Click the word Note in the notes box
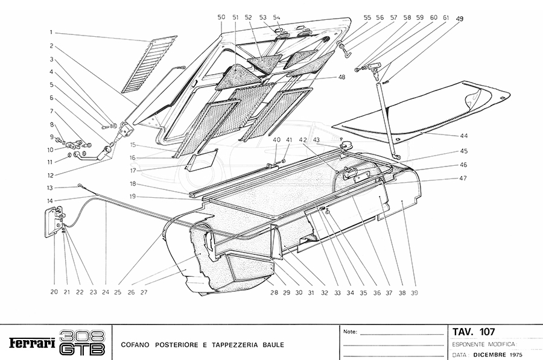click(x=350, y=332)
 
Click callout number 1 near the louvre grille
click(x=52, y=32)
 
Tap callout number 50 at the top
click(x=221, y=18)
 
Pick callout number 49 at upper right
click(x=460, y=19)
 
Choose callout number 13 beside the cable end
click(x=52, y=188)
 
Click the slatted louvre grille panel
click(x=148, y=63)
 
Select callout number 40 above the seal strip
click(x=276, y=140)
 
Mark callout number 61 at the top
click(x=445, y=18)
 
